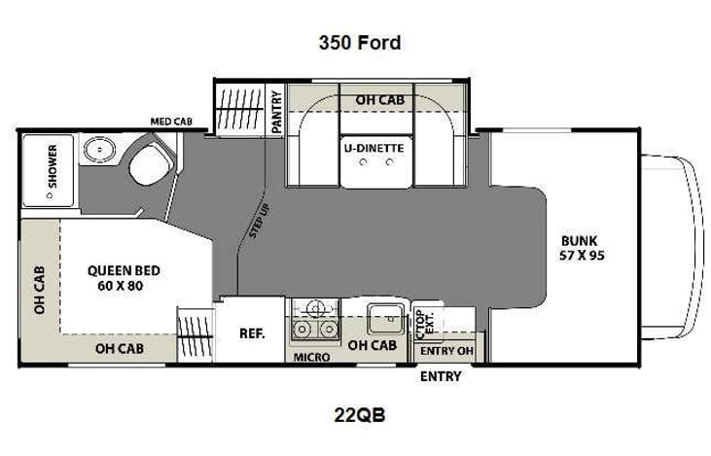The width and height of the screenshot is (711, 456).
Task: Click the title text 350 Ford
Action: coord(360,43)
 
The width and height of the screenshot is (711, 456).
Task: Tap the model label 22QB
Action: coord(359,415)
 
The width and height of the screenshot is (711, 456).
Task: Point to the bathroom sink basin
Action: coord(97,151)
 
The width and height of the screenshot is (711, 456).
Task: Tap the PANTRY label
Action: coord(276,111)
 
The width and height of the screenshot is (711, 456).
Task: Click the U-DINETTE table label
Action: coord(373,148)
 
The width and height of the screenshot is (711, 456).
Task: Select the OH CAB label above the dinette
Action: coord(379,99)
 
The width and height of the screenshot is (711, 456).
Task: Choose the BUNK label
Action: coord(580,242)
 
